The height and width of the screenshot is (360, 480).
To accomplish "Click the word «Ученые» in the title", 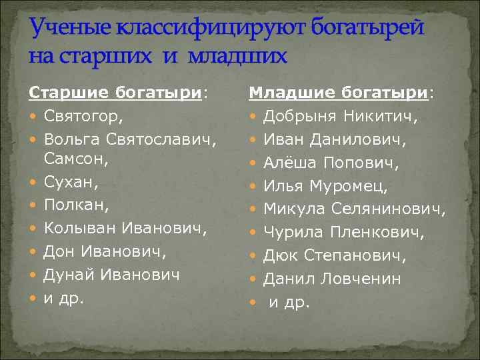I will click(x=69, y=30).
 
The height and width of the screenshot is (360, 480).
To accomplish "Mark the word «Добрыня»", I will click(x=301, y=117).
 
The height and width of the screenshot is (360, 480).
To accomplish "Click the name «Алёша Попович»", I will click(x=330, y=163).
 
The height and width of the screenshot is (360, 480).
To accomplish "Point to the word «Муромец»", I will click(x=354, y=186).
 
